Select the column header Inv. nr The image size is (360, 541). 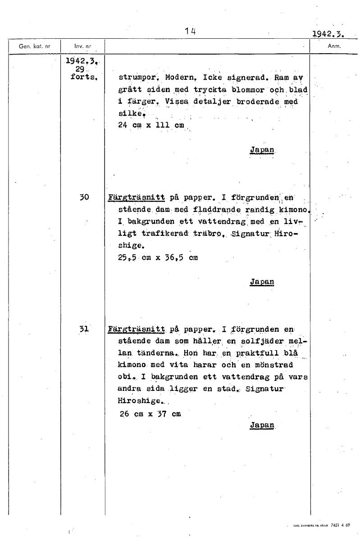tap(80, 46)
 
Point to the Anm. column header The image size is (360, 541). tap(334, 46)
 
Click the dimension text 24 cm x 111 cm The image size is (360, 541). tap(151, 125)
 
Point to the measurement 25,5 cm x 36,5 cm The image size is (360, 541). tap(157, 258)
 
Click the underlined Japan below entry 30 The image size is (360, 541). tap(262, 282)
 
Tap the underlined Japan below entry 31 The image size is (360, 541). tap(262, 425)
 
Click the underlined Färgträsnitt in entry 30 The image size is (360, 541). tap(136, 197)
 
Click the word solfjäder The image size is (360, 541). tap(261, 342)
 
